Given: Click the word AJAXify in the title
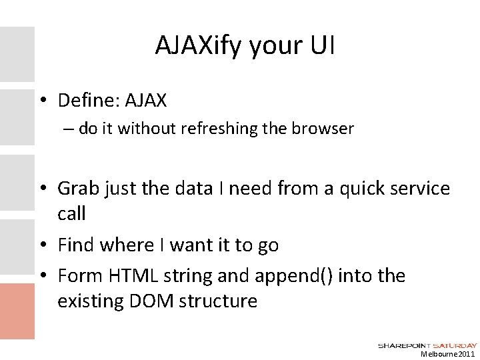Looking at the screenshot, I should (x=192, y=46).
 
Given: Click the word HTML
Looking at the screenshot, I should (x=121, y=275).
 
